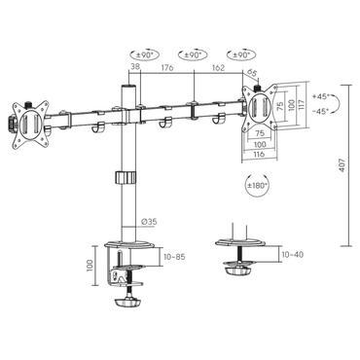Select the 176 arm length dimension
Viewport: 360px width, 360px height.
[x=167, y=68]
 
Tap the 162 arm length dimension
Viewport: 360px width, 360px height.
[x=219, y=68]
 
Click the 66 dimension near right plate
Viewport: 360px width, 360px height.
[x=252, y=72]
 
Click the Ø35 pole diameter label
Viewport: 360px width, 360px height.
[x=149, y=223]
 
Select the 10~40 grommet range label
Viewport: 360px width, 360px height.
[x=293, y=254]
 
